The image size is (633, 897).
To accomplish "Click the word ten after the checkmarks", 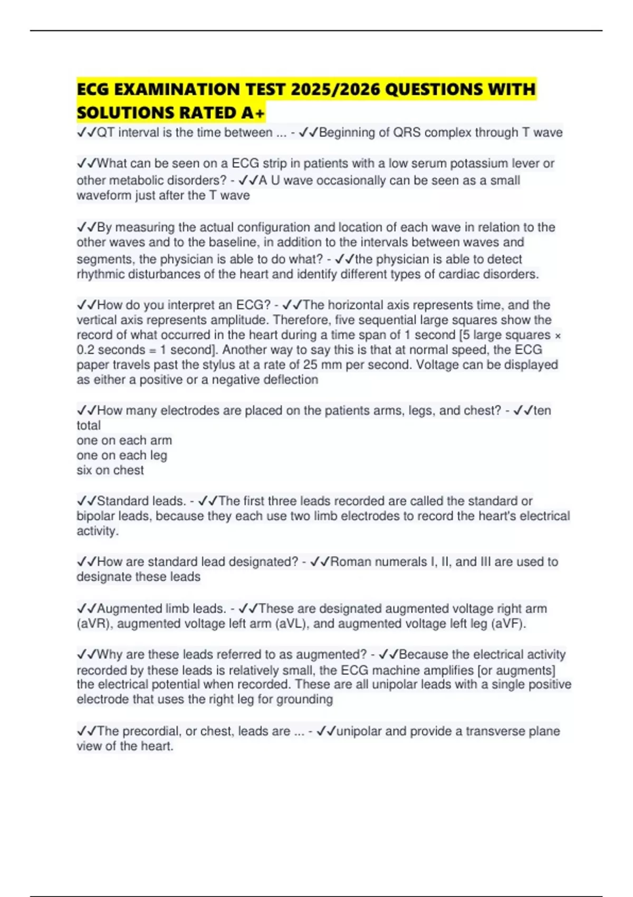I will [x=542, y=411].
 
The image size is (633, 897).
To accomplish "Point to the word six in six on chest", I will [x=84, y=470].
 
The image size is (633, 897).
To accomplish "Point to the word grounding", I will [x=308, y=700].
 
